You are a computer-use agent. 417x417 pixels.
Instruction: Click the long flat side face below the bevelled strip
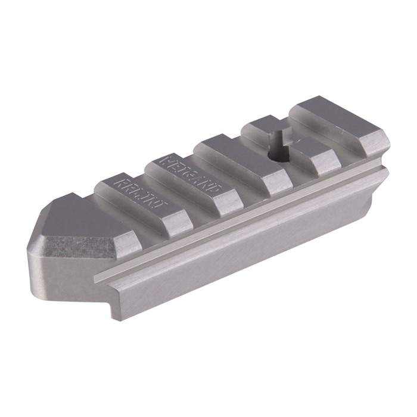point(238,250)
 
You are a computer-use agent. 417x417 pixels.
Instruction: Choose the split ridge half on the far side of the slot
point(262,128)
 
